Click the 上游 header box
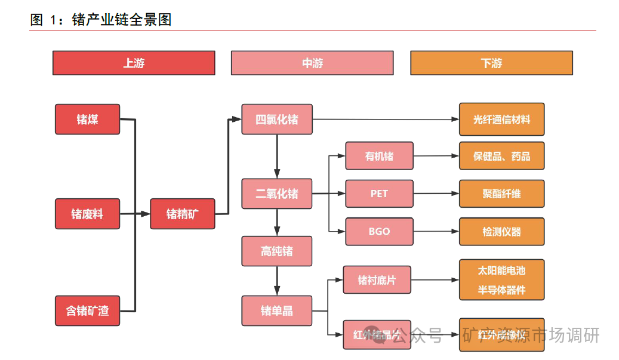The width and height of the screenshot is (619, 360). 134,63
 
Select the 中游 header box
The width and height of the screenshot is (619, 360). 312,63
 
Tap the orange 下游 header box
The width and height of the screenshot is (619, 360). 491,63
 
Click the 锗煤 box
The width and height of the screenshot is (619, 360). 88,119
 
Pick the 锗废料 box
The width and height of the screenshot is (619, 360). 88,214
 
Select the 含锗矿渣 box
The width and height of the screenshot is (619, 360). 88,310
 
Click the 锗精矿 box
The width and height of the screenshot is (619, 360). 182,214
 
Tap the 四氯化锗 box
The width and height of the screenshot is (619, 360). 277,119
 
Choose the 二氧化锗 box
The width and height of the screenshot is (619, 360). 277,194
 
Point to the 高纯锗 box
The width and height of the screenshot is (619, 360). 277,251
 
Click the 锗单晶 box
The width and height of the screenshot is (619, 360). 277,310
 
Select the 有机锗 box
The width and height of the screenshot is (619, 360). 379,156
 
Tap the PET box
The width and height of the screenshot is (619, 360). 379,194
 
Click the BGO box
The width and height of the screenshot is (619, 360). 379,231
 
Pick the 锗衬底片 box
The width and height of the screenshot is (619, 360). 377,279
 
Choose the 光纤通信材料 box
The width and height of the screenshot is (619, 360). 501,119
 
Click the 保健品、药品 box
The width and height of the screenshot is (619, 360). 501,156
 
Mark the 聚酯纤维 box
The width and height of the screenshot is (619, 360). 501,194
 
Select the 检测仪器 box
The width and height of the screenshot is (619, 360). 501,231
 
